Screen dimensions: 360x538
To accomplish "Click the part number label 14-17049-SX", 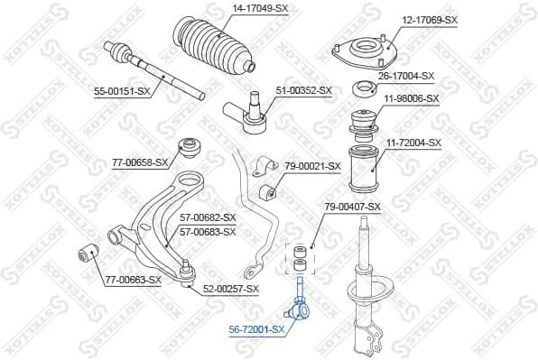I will click(x=261, y=10).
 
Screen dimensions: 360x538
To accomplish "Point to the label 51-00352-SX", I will click(x=303, y=90).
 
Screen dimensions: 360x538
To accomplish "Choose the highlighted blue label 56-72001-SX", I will click(x=256, y=329).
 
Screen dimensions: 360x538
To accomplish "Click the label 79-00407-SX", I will click(x=352, y=207).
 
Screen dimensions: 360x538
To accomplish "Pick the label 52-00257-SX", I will click(x=230, y=289).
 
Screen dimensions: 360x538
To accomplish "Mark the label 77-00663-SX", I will click(x=133, y=280).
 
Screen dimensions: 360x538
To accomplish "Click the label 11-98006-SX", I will click(x=411, y=98).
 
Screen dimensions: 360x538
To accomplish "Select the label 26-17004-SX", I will click(x=407, y=77).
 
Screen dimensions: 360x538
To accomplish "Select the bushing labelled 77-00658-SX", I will click(x=190, y=144).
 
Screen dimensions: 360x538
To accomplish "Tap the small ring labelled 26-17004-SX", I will click(x=366, y=88).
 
